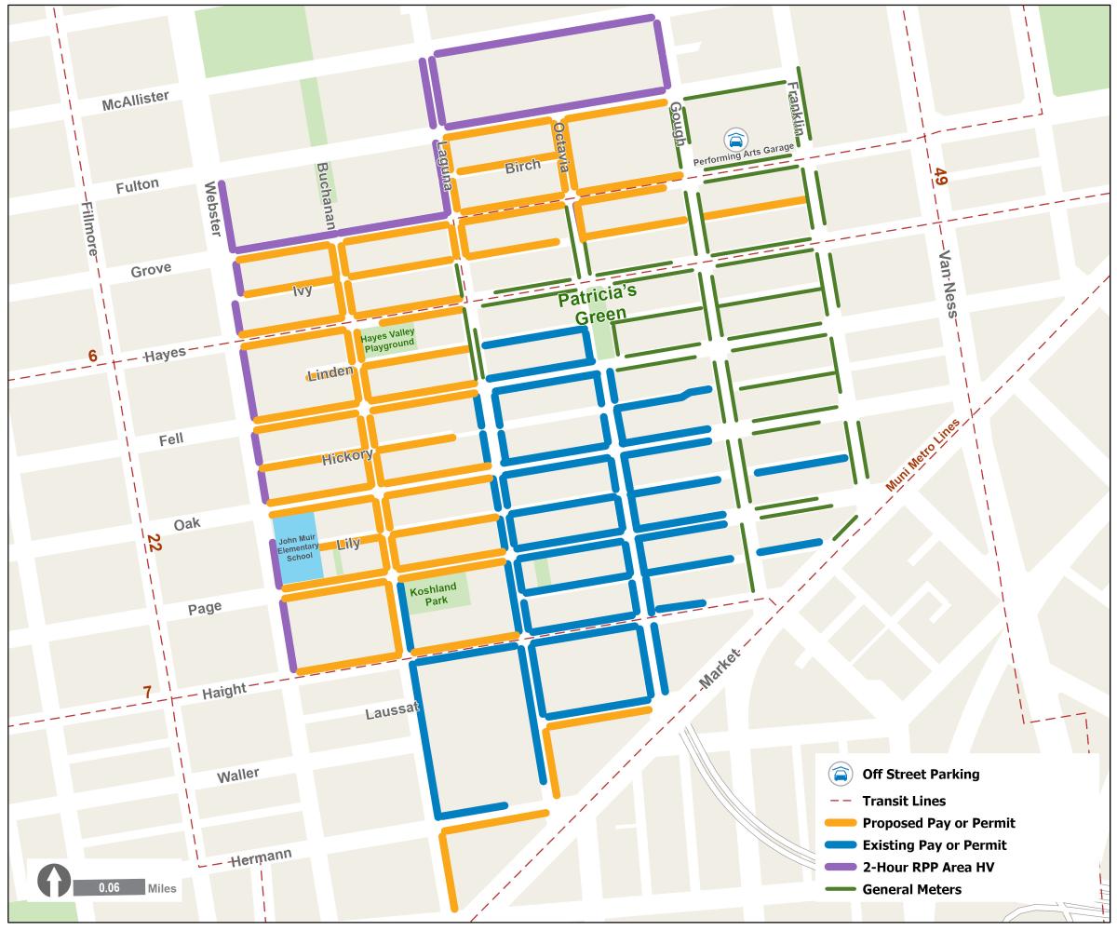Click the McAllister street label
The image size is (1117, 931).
pyautogui.click(x=135, y=101)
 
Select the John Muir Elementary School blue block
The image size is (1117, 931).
pyautogui.click(x=298, y=548)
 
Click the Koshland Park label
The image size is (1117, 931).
pyautogui.click(x=434, y=595)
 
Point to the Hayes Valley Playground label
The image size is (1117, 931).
pyautogui.click(x=389, y=340)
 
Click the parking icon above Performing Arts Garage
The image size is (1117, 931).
pyautogui.click(x=735, y=140)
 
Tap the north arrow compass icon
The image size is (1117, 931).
pyautogui.click(x=55, y=881)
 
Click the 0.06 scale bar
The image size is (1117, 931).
pyautogui.click(x=109, y=887)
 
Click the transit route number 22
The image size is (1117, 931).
pyautogui.click(x=153, y=543)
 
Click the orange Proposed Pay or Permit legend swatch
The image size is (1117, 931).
pyautogui.click(x=841, y=823)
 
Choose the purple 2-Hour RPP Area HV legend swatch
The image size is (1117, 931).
pyautogui.click(x=841, y=868)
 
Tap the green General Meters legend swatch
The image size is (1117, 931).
pyautogui.click(x=841, y=890)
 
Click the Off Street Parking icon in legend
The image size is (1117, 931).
pyautogui.click(x=841, y=775)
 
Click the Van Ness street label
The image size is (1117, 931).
pyautogui.click(x=949, y=283)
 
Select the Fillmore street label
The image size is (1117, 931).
pyautogui.click(x=90, y=236)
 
